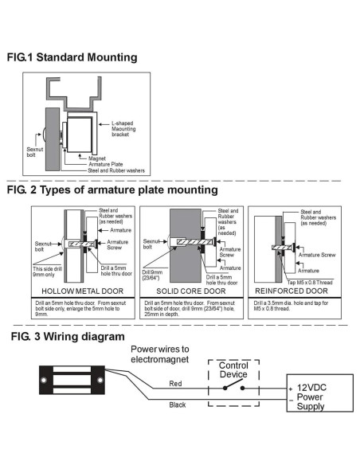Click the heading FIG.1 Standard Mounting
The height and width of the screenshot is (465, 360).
pyautogui.click(x=71, y=57)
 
